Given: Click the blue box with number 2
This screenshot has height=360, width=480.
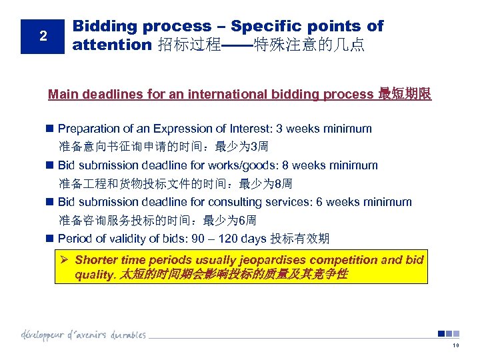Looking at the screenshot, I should click(43, 36).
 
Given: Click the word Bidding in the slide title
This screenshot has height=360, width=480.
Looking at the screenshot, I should click(99, 27).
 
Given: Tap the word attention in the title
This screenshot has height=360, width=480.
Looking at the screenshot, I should click(112, 45).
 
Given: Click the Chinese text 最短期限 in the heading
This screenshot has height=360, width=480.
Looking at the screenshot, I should click(405, 94).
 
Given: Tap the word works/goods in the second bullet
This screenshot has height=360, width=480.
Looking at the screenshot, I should click(258, 165).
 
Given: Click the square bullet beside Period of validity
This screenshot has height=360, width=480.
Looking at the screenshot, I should click(50, 239).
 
